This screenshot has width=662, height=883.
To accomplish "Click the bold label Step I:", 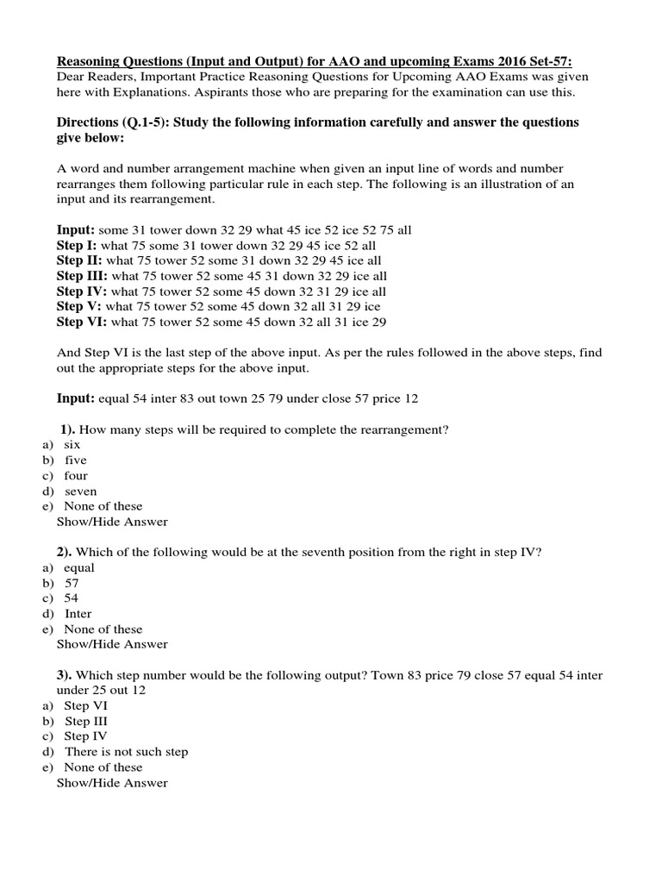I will [x=78, y=246].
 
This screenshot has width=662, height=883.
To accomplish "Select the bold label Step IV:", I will [x=81, y=291].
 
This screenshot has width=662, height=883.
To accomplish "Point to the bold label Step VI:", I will [x=81, y=322].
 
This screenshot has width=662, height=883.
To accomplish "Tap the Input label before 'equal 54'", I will [x=75, y=399].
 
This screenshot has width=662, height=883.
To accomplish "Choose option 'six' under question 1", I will [x=72, y=445].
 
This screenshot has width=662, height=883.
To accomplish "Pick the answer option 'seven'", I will [x=81, y=491].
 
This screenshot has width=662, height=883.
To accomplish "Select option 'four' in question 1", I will [x=76, y=475].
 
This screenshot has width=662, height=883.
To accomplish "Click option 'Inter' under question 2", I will [x=79, y=614].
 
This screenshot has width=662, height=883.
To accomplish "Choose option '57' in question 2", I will [x=72, y=583].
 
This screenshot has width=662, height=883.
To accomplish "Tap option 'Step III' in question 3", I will [x=86, y=721].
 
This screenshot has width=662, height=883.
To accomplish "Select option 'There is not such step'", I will [x=126, y=751].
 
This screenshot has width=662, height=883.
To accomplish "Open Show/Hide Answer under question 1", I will [x=112, y=522].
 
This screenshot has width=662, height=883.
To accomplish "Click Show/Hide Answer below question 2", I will [x=112, y=644].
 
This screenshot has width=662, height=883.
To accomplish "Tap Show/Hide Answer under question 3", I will [x=112, y=783].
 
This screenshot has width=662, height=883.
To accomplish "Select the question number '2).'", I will [x=69, y=553].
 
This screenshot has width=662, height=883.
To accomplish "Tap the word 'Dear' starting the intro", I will [x=72, y=77].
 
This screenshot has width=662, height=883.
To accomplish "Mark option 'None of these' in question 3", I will [x=103, y=767].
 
